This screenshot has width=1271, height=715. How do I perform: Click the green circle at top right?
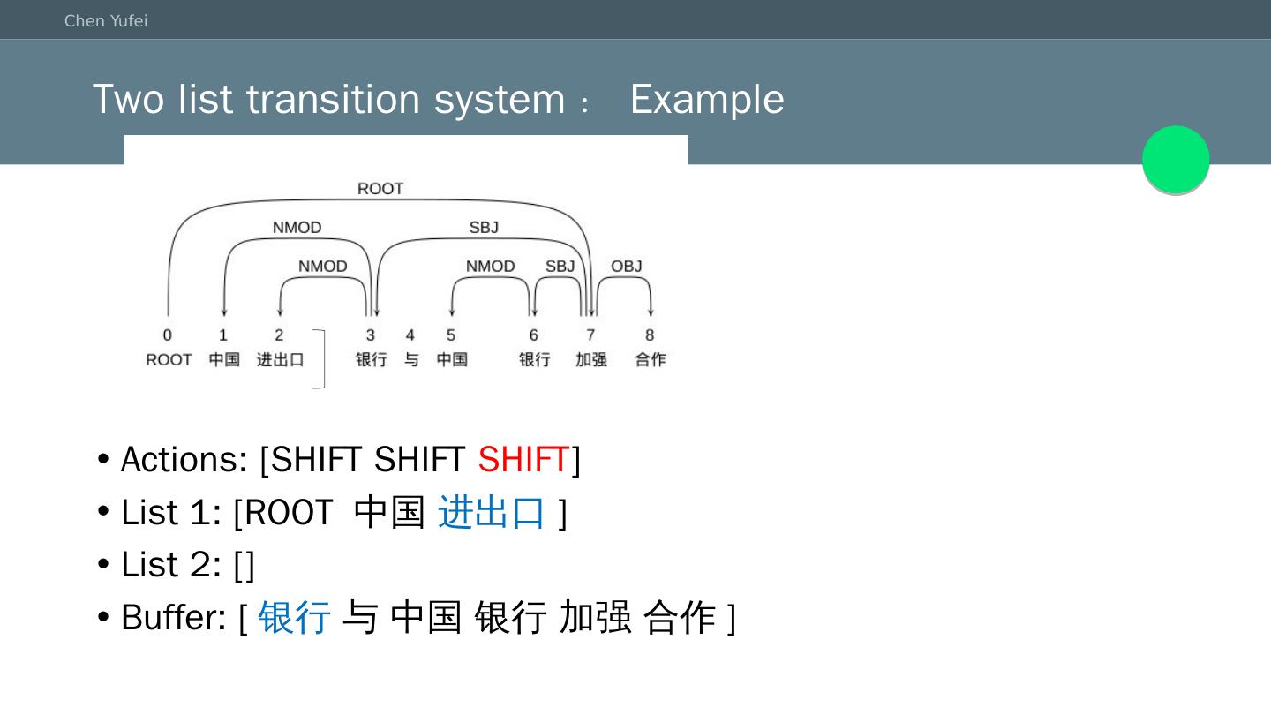click(1176, 160)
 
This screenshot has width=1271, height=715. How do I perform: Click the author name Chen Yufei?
click(106, 21)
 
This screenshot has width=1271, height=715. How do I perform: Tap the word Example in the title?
click(706, 99)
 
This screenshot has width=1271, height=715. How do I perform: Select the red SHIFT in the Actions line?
click(523, 460)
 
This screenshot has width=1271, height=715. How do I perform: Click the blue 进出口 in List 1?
click(492, 512)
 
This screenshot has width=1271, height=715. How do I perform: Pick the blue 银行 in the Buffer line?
click(295, 617)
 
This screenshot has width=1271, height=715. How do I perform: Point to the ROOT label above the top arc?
click(380, 189)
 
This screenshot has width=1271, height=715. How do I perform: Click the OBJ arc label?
click(627, 267)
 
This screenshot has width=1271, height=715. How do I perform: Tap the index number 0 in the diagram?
click(168, 335)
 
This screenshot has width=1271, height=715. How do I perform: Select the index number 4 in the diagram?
click(410, 335)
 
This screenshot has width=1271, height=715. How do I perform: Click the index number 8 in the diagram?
click(650, 335)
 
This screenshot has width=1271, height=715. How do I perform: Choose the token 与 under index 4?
click(411, 360)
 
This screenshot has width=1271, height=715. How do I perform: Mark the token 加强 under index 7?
click(591, 360)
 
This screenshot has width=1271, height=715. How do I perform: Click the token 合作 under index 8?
click(651, 360)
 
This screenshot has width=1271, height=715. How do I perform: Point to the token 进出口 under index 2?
click(281, 360)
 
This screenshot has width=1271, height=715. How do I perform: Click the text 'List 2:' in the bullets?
click(170, 565)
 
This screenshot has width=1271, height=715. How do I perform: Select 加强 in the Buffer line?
click(595, 617)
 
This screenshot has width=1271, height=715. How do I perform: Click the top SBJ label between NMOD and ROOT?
click(484, 228)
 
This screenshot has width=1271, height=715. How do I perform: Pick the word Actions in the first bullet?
click(184, 460)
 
